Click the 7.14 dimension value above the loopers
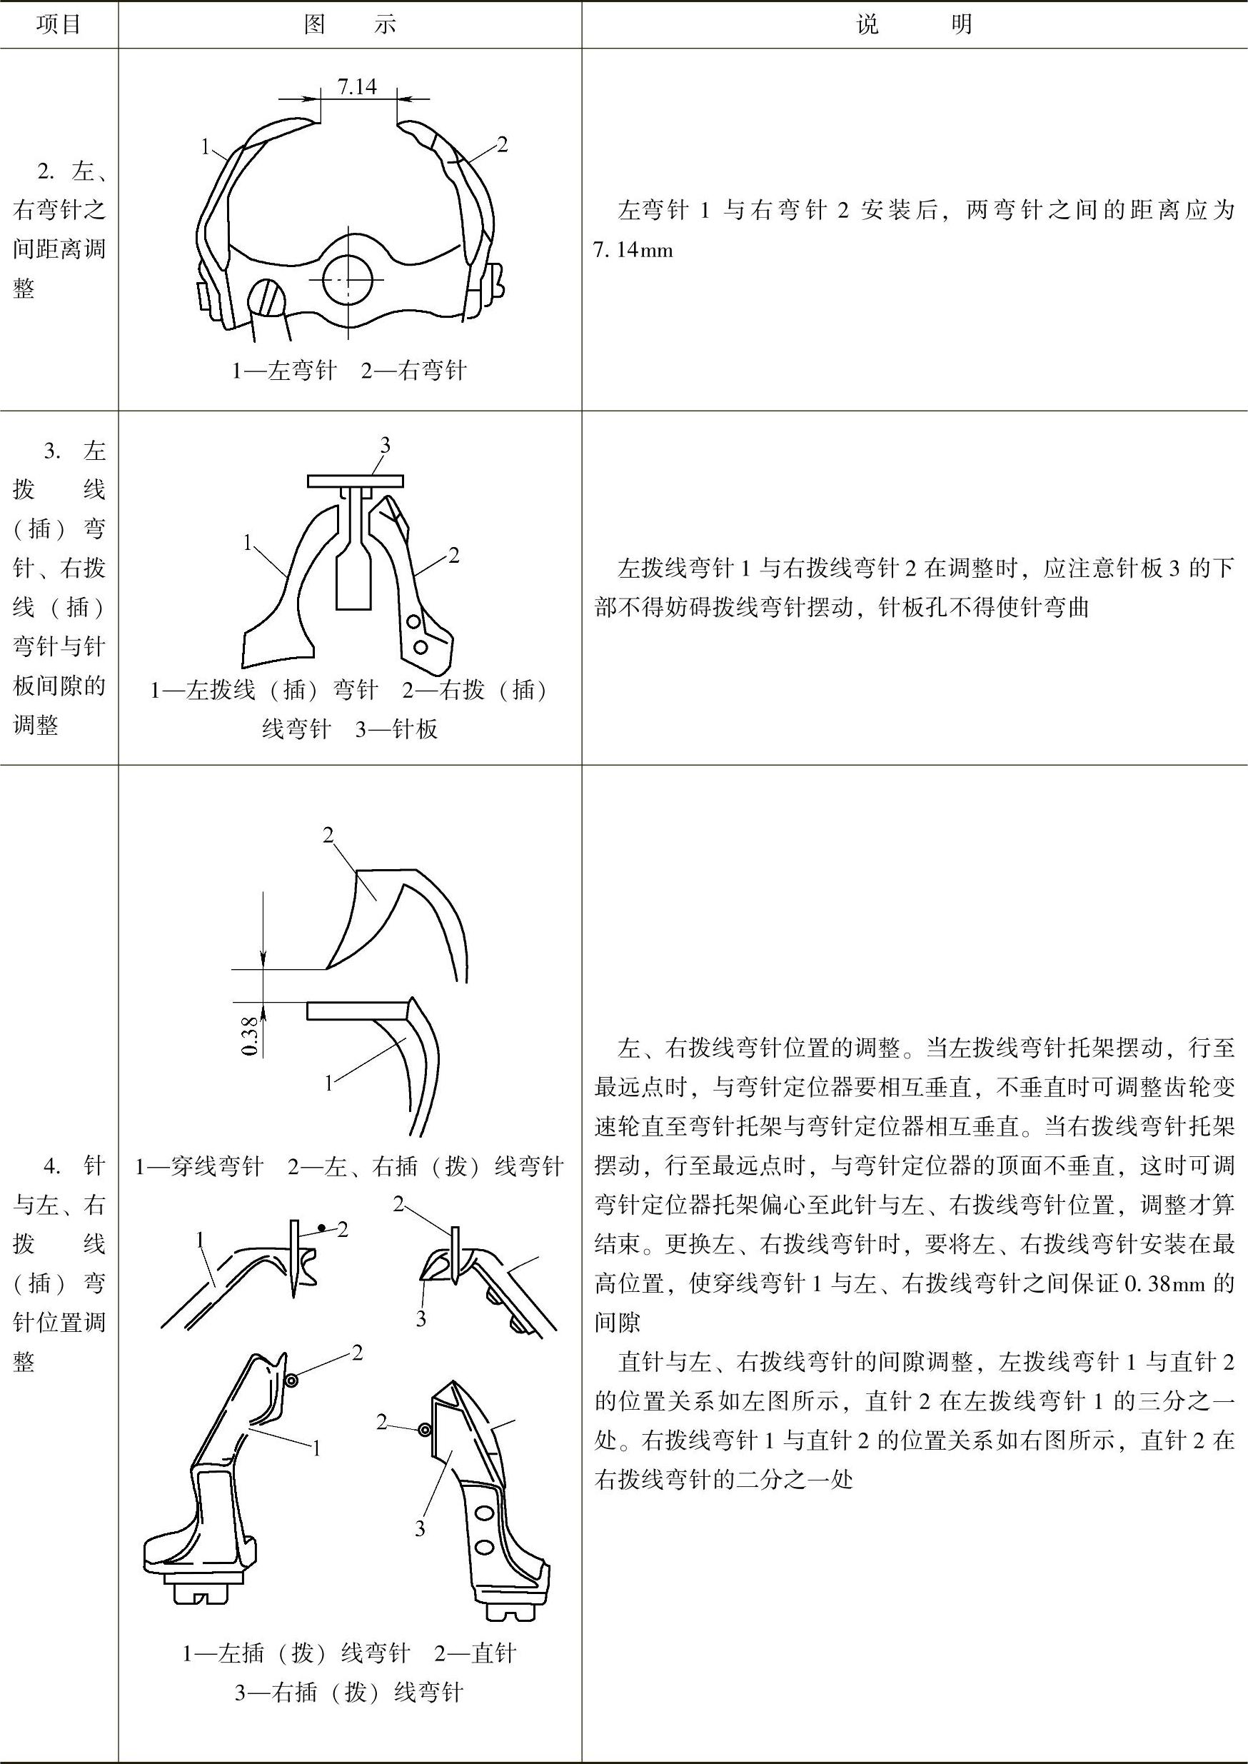358,87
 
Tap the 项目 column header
59,24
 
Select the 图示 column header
350,24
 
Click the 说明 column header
914,24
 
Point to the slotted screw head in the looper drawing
266,296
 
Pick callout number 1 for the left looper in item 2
205,146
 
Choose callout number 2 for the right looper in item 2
502,144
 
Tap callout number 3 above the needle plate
385,444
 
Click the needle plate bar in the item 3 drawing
355,481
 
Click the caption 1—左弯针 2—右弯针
350,371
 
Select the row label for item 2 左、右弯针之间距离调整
59,229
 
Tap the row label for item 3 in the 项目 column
59,587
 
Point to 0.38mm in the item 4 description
1161,1283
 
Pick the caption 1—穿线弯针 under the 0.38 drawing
200,1167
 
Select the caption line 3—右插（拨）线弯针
350,1693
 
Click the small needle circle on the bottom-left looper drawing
291,1380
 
